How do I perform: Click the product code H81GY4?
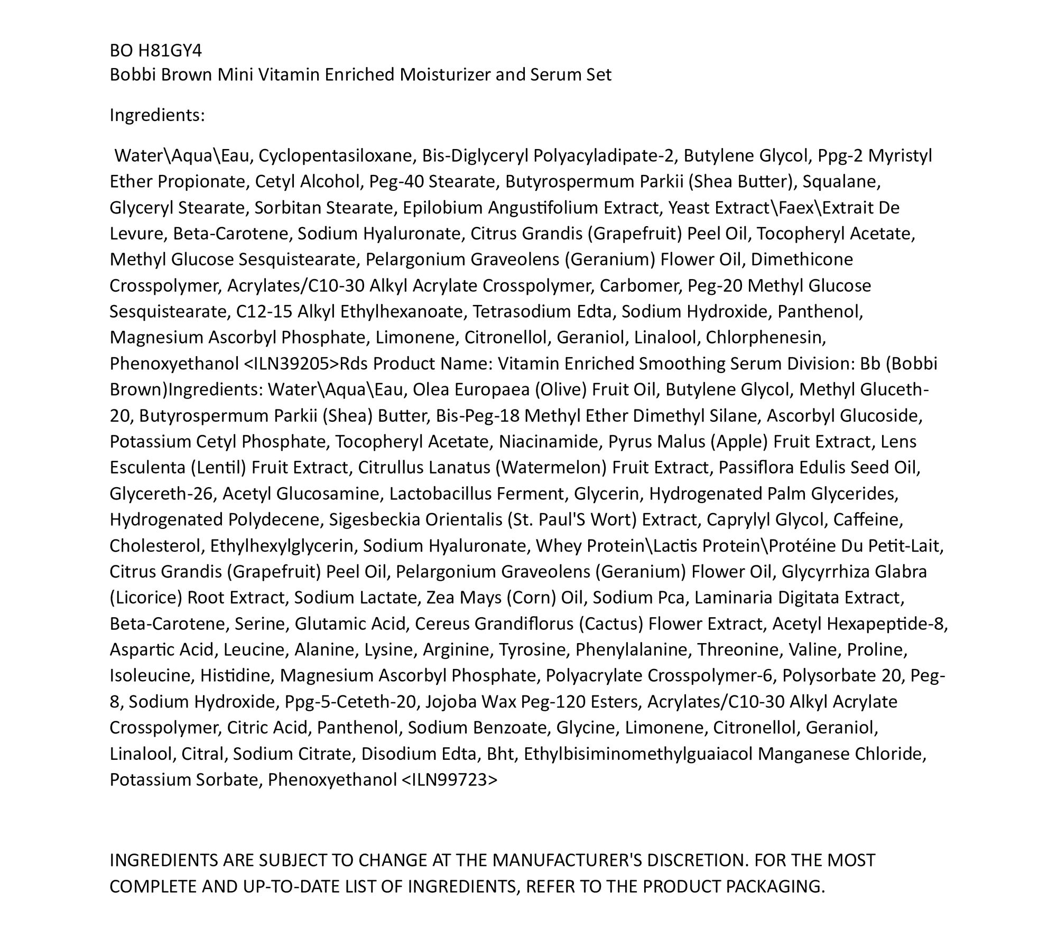(170, 51)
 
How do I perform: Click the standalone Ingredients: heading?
(157, 115)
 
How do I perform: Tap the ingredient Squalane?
(841, 182)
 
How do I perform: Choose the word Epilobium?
(442, 208)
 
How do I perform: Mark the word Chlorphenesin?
(766, 338)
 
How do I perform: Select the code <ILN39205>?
(291, 364)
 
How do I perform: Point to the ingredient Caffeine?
(868, 520)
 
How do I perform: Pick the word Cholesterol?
(157, 546)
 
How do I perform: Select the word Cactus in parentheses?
(611, 624)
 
